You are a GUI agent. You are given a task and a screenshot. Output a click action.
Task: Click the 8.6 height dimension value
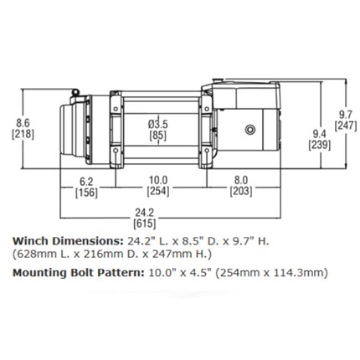tap(23, 123)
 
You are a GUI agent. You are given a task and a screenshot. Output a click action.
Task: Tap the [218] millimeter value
tap(23, 134)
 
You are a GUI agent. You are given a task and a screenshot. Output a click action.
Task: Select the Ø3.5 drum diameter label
tap(158, 124)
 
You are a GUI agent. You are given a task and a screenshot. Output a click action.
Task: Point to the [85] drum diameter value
tap(158, 136)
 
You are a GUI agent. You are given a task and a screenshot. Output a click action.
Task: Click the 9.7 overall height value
tap(346, 115)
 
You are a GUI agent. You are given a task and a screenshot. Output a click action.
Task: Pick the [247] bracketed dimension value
tap(346, 126)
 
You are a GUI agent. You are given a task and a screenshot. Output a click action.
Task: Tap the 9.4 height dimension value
tap(319, 134)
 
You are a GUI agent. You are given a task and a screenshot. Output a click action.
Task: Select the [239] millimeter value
tap(319, 146)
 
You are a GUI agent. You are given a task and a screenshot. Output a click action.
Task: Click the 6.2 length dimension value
tap(86, 182)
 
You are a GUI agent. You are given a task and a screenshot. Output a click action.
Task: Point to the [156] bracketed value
tap(86, 193)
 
